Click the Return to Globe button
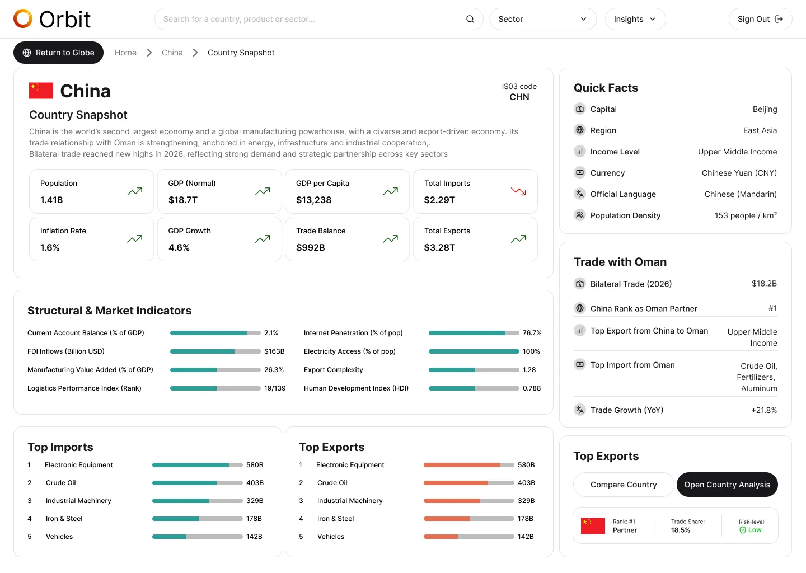tap(58, 53)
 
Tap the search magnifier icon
tap(470, 19)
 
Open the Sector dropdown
tap(542, 19)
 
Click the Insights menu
tap(635, 19)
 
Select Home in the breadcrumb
tap(125, 53)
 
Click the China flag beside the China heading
tap(41, 91)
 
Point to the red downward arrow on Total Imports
tap(518, 191)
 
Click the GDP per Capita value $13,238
tap(314, 200)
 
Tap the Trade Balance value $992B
tap(311, 247)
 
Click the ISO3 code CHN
tap(519, 97)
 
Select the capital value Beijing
tap(765, 109)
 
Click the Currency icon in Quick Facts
tap(580, 173)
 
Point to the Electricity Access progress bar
tap(474, 351)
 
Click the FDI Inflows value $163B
tap(274, 351)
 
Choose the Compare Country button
tap(623, 485)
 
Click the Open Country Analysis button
tap(727, 485)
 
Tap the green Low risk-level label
tap(755, 530)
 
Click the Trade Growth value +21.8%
tap(764, 410)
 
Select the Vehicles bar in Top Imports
tap(197, 537)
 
